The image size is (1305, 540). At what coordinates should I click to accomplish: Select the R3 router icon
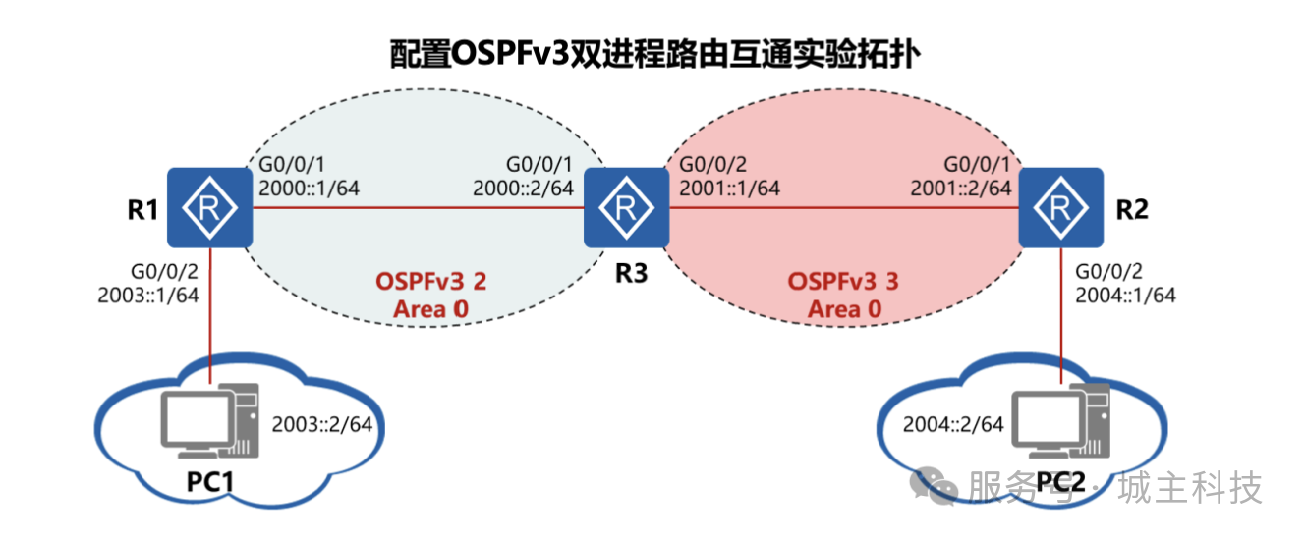click(x=626, y=207)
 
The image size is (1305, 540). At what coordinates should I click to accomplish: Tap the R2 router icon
click(x=1060, y=207)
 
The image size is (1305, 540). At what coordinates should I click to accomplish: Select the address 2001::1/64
click(x=728, y=188)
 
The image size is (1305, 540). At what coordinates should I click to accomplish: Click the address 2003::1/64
click(x=149, y=293)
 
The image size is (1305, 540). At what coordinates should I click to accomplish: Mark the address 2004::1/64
click(x=1125, y=293)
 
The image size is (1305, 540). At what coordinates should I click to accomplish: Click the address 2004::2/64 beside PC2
click(x=952, y=424)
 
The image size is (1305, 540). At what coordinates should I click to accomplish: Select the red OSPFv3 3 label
click(x=843, y=282)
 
